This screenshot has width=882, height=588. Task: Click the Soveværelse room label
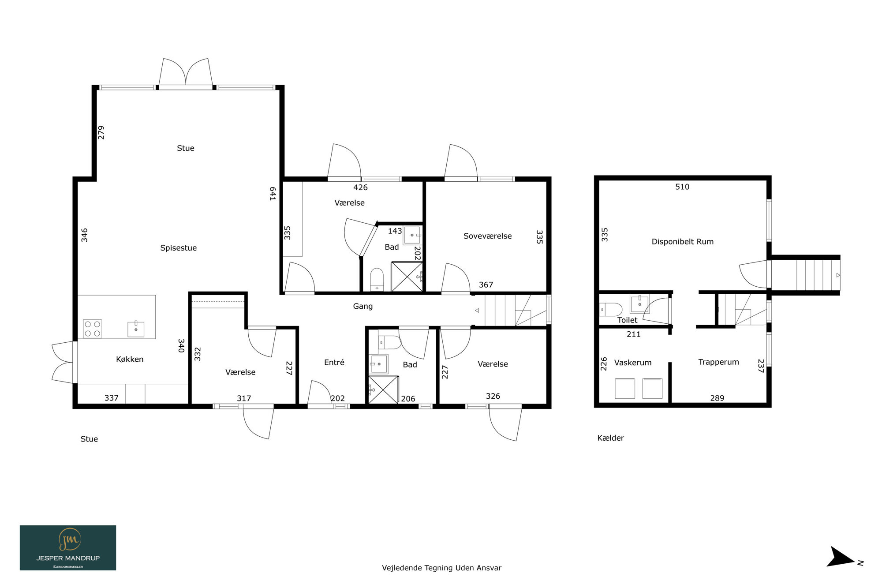[487, 236]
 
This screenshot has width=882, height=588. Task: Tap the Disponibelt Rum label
[682, 242]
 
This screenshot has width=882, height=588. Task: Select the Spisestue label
[178, 248]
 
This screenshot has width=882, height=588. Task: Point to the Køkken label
[130, 359]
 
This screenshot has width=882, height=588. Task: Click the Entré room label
[334, 362]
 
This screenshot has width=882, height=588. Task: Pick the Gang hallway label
[363, 306]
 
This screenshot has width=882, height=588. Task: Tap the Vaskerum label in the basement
[632, 363]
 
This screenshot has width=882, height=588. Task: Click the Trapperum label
[718, 362]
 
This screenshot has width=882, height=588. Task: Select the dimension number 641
[273, 194]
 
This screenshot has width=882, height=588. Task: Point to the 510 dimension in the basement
[682, 187]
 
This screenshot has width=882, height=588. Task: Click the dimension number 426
[360, 187]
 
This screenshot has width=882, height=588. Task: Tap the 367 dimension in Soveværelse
[486, 285]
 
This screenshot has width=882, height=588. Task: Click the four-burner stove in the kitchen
[92, 329]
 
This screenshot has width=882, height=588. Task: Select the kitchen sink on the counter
[136, 329]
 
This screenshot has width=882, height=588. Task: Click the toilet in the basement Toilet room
[610, 309]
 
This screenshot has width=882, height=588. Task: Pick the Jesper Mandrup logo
[68, 547]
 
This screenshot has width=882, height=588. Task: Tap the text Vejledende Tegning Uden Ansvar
[441, 568]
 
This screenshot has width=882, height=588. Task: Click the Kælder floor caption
[610, 438]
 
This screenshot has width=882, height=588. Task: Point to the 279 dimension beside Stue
[101, 132]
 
